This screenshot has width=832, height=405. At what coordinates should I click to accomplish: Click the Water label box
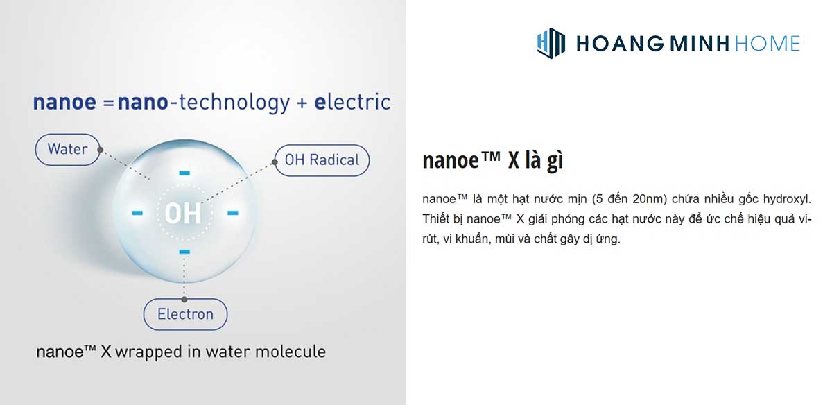pos(67,149)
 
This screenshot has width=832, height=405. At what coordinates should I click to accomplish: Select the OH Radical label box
pos(322,160)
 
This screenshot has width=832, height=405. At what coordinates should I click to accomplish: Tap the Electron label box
pos(185,314)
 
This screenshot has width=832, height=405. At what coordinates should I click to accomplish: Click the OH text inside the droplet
pos(183,213)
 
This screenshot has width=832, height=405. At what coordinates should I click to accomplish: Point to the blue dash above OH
pos(184,172)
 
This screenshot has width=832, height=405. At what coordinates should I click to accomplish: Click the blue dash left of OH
pos(137,212)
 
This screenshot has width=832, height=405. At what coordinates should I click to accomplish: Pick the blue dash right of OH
pos(232,212)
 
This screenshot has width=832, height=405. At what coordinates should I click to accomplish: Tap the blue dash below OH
pos(184,251)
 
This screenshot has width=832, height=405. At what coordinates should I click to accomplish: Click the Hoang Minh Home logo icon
pos(551,43)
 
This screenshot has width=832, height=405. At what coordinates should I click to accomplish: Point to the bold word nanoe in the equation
pos(64,103)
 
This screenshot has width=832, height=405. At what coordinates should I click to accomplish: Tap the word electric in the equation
pos(352,103)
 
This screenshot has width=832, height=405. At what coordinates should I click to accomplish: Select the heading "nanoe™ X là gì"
pos(492,160)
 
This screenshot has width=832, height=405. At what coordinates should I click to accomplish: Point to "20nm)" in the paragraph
pos(651,199)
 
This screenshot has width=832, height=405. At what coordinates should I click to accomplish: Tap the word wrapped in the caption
pos(149,351)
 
